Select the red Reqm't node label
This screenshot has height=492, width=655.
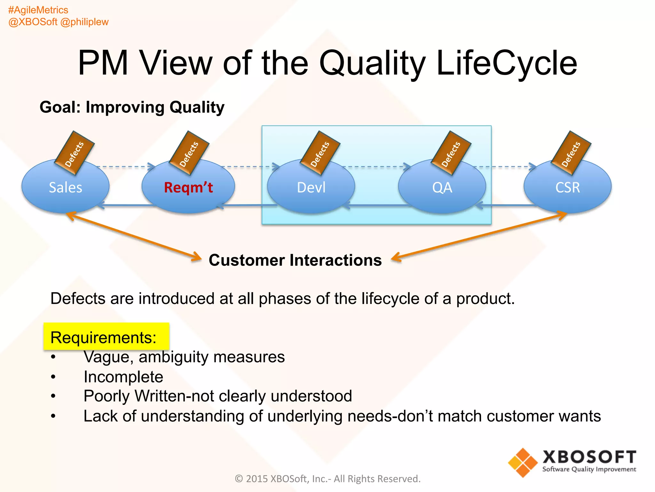[188, 187]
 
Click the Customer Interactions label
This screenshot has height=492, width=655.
[295, 260]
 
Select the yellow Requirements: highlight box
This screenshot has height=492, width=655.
[106, 337]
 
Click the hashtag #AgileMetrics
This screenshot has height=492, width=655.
[38, 10]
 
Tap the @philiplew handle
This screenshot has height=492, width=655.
[84, 22]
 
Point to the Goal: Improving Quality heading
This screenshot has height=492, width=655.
[132, 107]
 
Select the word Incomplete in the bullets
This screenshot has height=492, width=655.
[123, 377]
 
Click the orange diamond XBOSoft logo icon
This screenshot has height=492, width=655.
[523, 463]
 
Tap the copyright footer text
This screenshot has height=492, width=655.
[327, 479]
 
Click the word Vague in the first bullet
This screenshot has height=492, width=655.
[106, 357]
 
